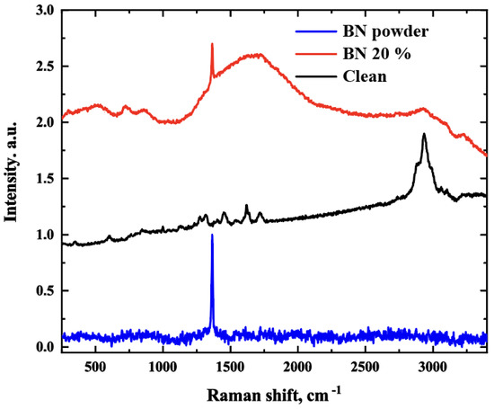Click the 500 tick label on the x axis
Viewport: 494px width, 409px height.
(94, 368)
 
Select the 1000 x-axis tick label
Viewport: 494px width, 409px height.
(162, 368)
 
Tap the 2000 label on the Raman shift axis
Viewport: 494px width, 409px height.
(297, 368)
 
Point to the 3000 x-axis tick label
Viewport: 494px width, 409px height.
(433, 368)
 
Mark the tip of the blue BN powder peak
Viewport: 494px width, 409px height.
(212, 235)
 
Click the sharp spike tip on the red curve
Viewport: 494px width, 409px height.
(212, 43)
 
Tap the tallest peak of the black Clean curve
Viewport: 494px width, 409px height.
(424, 134)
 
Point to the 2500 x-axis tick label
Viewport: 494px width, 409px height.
(365, 368)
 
